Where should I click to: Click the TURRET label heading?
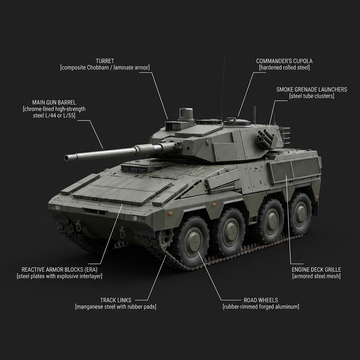105,61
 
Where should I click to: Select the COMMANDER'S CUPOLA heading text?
284,61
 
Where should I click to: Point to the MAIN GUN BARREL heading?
54,102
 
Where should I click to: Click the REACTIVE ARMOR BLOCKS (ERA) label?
59,269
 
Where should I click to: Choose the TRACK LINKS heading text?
116,300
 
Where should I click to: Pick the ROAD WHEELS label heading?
261,300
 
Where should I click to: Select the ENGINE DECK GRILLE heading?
316,270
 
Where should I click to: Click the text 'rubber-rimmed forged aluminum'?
261,307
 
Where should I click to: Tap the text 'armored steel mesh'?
316,276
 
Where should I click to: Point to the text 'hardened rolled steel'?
284,67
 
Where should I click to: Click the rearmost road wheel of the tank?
300,213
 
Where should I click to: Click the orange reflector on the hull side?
171,213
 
